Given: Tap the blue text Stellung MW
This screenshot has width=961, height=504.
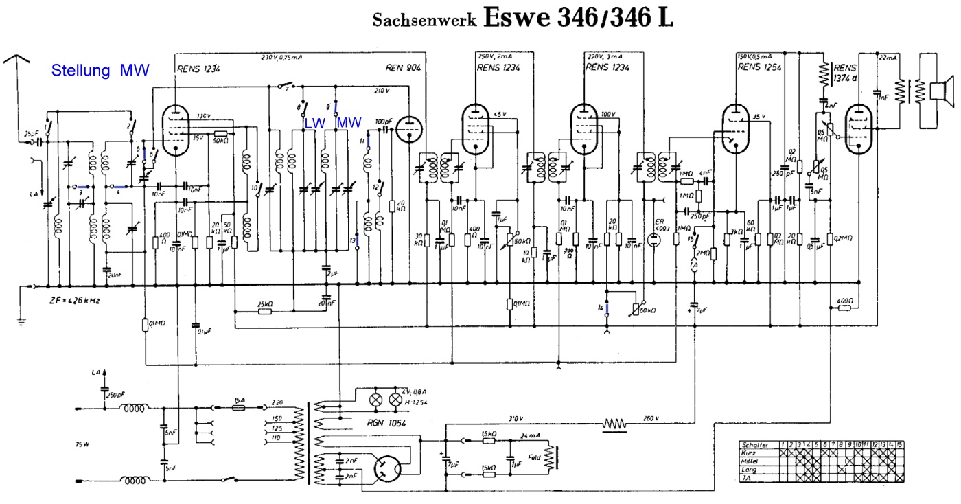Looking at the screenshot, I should tap(100, 70).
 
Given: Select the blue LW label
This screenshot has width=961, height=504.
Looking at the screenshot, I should tap(314, 122).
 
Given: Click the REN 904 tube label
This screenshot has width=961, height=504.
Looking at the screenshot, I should tap(404, 68).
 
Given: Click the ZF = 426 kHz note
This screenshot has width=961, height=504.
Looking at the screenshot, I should tap(70, 301).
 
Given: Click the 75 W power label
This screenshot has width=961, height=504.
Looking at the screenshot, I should tap(82, 444).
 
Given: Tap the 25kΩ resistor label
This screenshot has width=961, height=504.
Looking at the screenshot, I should tap(266, 303).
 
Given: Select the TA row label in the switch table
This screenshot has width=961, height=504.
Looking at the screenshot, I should tap(747, 477).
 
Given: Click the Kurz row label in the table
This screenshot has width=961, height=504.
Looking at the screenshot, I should tap(750, 453).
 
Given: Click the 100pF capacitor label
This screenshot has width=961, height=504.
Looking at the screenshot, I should tap(383, 122).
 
